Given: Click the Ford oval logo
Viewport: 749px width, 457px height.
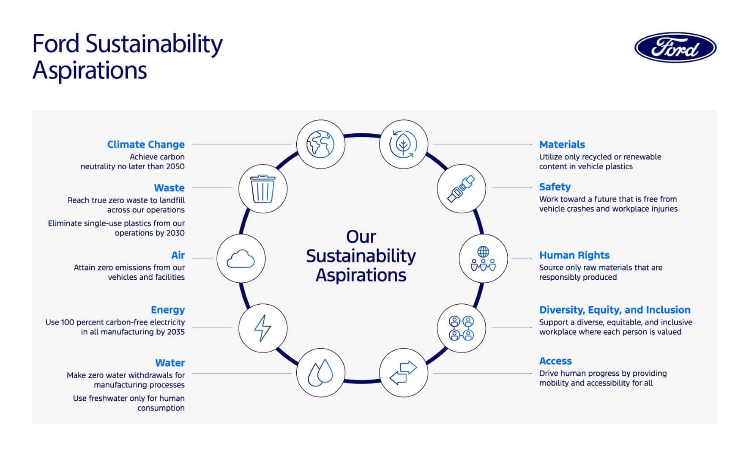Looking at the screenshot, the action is (x=675, y=47).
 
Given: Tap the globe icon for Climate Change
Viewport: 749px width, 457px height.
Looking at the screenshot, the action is (x=320, y=144).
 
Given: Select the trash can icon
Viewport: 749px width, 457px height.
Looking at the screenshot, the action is (x=262, y=189).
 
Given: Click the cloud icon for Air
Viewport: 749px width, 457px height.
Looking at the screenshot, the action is (x=241, y=259).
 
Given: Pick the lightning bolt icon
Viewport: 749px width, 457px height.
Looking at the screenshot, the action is (x=262, y=328).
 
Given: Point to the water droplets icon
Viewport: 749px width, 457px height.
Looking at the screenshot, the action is (x=320, y=373).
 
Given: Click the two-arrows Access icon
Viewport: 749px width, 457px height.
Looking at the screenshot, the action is (x=403, y=373).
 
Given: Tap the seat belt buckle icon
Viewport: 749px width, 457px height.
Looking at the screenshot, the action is (x=461, y=189).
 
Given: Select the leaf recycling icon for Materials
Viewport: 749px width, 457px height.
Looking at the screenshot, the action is (x=403, y=144).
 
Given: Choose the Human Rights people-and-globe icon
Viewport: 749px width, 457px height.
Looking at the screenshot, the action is (x=483, y=259).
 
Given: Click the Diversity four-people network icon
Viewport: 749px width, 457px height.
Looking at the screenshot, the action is (x=461, y=328).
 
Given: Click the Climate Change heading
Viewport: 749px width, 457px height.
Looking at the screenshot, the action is (x=146, y=145).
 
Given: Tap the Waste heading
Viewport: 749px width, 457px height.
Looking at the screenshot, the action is (x=169, y=188).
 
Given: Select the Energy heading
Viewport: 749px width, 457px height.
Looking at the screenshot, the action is (x=168, y=310).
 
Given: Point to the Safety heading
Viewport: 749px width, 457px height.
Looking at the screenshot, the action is (x=555, y=187).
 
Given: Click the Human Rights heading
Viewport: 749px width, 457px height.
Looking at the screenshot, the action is (x=574, y=255).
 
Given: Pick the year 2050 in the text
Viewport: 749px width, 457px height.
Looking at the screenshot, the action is (x=175, y=166).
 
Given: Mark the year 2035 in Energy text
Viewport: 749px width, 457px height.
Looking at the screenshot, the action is (x=175, y=332).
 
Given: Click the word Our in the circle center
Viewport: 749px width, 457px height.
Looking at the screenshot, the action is (x=361, y=237).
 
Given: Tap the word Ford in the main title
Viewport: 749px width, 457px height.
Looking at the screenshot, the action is (x=56, y=44).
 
